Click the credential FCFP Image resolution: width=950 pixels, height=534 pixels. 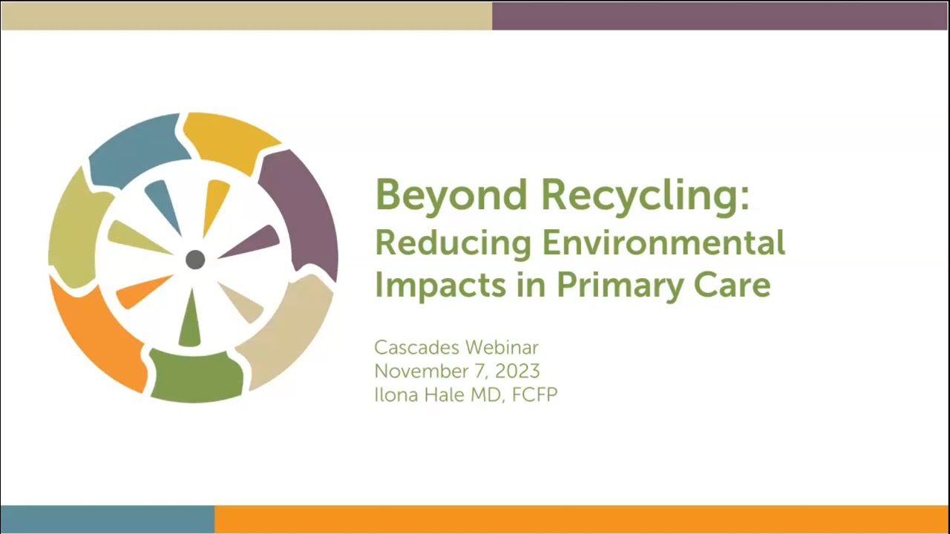(534, 395)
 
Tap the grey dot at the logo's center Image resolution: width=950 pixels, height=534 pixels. (195, 260)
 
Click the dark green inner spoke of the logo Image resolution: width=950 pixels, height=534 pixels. (190, 322)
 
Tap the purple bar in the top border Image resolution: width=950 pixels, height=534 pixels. (720, 16)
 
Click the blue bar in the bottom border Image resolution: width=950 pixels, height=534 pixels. (107, 519)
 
